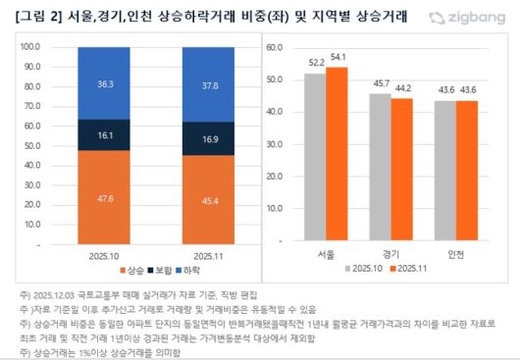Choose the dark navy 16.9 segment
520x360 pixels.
click(x=208, y=138)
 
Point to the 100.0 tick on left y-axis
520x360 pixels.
click(x=30, y=46)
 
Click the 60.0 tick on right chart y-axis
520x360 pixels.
click(x=274, y=46)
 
